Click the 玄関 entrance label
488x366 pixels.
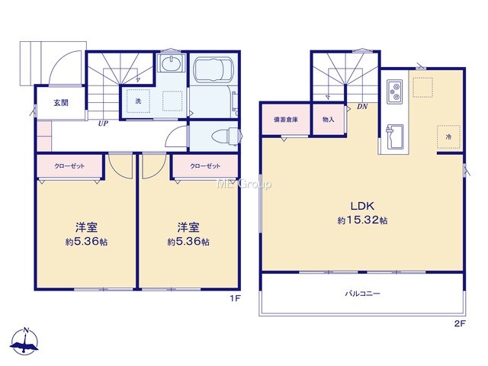(x=61, y=103)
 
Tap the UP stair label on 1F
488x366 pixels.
(x=103, y=124)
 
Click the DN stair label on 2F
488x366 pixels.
(x=362, y=107)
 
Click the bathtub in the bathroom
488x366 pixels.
(x=213, y=70)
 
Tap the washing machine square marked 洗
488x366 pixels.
(x=138, y=101)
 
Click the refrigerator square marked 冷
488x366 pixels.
(x=448, y=136)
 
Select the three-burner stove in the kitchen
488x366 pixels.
(x=394, y=91)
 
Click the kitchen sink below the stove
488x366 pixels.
(x=395, y=136)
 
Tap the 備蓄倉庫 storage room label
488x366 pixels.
(x=286, y=120)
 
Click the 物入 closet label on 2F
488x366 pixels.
(x=329, y=120)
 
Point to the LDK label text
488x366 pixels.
(x=363, y=206)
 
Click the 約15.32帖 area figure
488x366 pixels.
(x=363, y=220)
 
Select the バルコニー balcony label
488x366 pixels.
(x=363, y=294)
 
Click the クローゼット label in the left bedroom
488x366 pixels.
(x=69, y=166)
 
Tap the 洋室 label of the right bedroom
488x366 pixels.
(x=188, y=227)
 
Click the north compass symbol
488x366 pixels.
(x=25, y=342)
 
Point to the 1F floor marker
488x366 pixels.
(x=236, y=299)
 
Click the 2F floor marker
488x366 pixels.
(x=460, y=323)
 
